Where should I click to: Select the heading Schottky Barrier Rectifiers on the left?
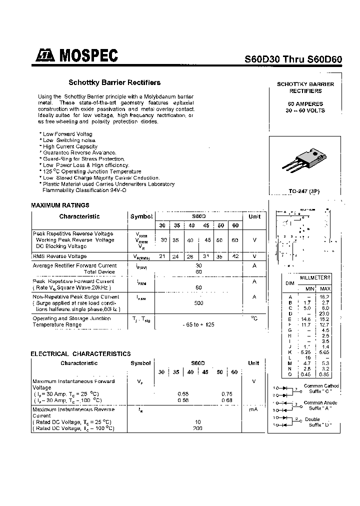pos(114,82)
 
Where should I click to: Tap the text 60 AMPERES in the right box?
pos(305,104)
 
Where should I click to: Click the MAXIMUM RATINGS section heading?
pos(60,205)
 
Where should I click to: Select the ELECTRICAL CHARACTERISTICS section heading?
pos(80,353)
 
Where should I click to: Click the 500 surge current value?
pos(198,303)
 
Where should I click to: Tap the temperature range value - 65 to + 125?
pos(198,324)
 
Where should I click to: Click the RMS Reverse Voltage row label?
pos(59,256)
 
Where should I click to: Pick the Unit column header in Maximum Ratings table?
pos(254,216)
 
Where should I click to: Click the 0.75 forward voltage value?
pos(227,394)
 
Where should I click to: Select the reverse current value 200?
pos(198,428)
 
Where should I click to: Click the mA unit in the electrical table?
pos(254,409)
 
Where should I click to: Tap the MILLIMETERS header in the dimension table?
pos(314,277)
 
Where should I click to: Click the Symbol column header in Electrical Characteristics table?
pos(141,363)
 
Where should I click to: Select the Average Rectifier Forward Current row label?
pos(74,265)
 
